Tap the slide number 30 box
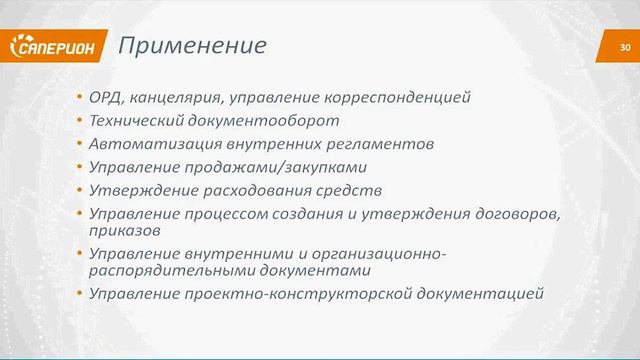625,47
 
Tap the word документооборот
241,121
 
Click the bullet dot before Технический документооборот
79,121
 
